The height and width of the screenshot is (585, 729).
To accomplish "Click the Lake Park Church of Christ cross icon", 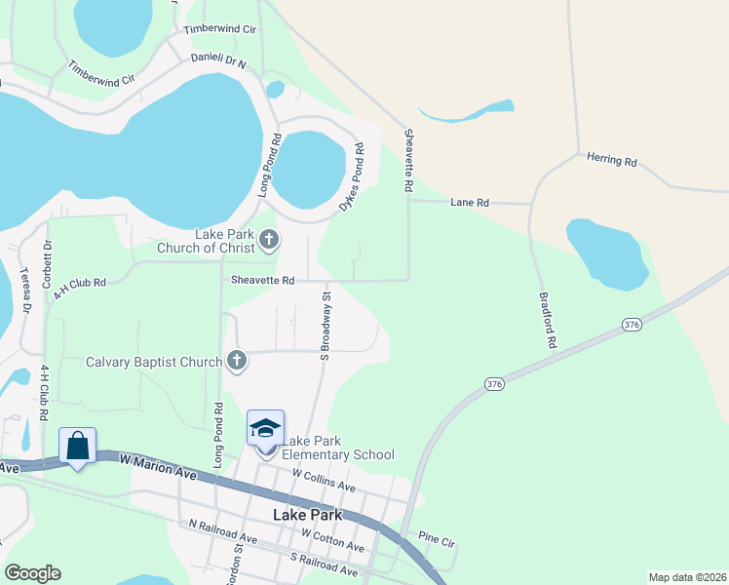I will click(x=269, y=239).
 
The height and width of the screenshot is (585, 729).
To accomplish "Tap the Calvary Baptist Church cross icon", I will click(x=236, y=362).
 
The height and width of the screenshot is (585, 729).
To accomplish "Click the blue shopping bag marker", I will click(x=77, y=447).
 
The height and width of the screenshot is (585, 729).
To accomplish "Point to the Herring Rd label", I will click(x=611, y=160).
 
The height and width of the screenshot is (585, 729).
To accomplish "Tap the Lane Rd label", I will click(x=469, y=203).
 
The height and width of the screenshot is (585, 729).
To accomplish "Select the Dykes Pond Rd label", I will click(x=352, y=176).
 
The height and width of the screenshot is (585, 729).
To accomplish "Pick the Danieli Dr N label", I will click(x=221, y=60).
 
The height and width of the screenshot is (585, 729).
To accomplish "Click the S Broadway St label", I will click(x=326, y=324).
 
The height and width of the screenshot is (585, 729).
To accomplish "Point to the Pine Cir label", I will click(x=436, y=536).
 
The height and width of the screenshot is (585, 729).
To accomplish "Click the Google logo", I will click(x=32, y=573).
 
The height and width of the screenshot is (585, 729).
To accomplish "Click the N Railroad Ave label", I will click(x=223, y=531).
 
